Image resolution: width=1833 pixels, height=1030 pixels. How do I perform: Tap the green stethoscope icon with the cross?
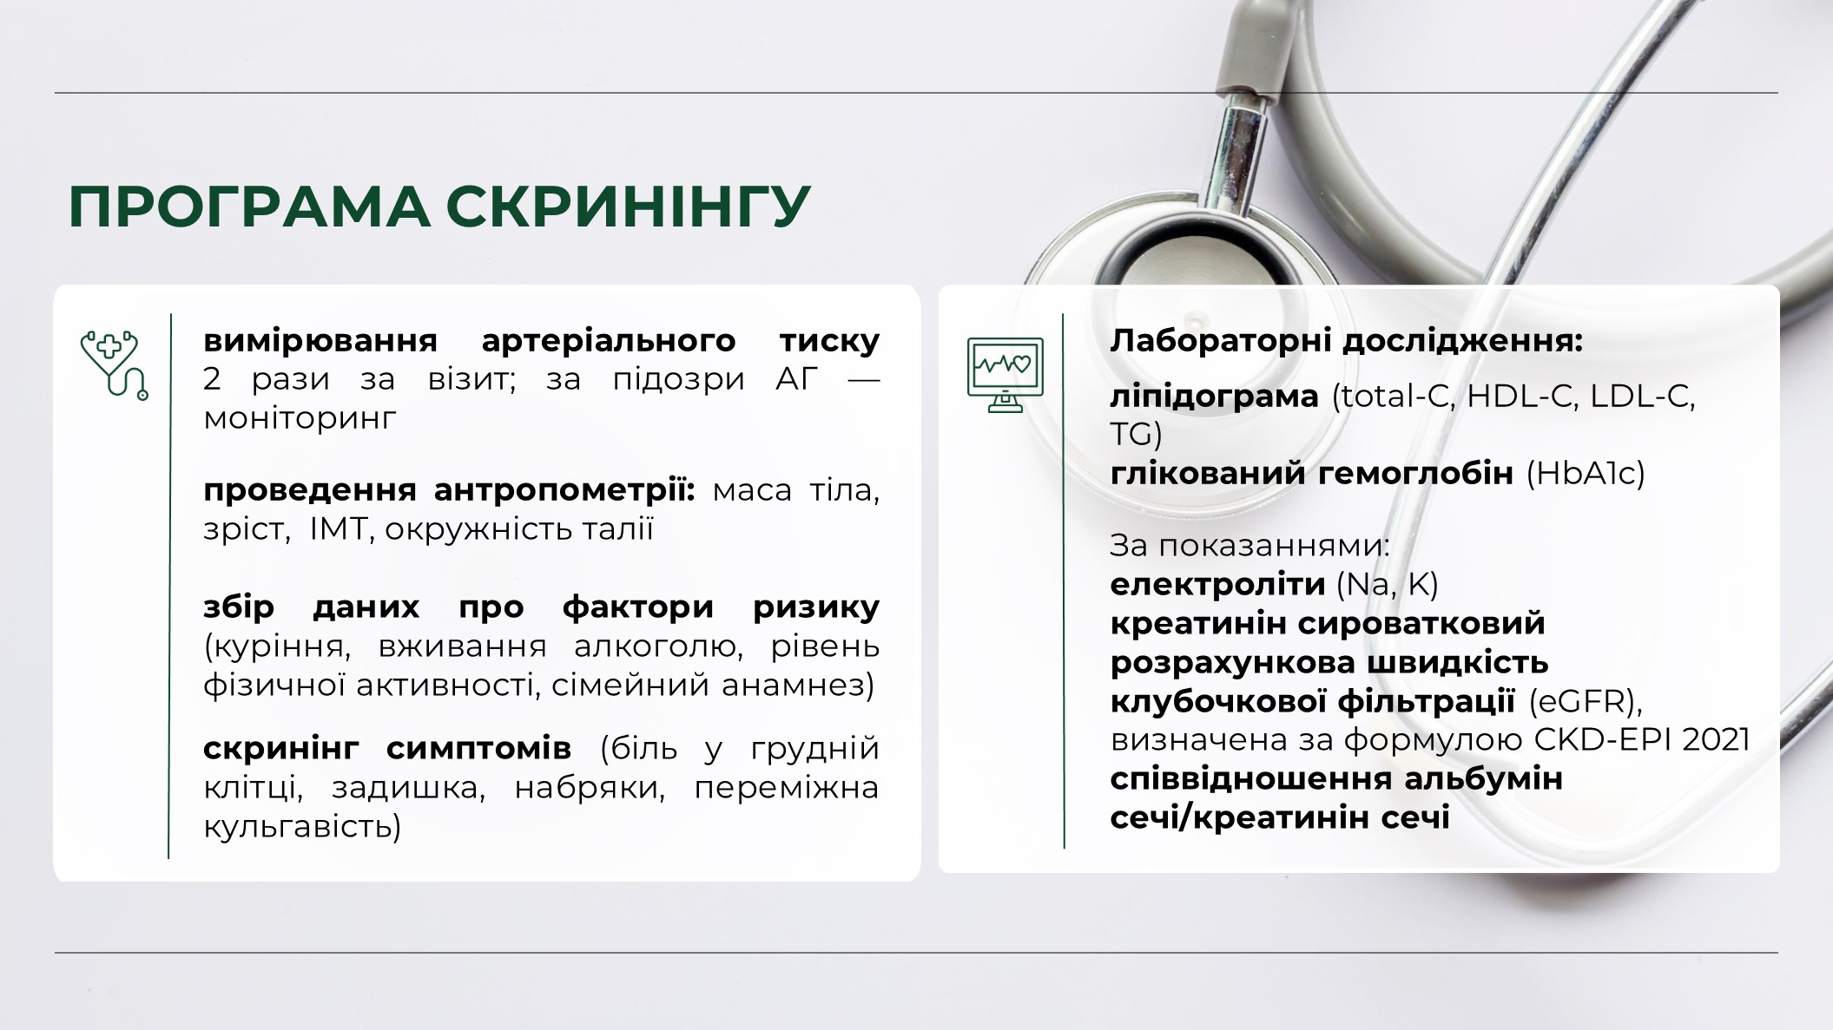[114, 364]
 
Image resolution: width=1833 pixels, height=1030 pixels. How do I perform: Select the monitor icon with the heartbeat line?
[1006, 375]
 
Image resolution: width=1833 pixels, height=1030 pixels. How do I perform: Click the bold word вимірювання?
[320, 340]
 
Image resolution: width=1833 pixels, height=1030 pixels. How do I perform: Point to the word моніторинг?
[300, 418]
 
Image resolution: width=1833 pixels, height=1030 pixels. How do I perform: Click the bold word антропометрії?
[564, 490]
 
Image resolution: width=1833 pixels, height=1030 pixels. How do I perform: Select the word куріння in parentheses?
[278, 647]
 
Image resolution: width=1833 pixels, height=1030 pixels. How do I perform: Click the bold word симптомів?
[478, 748]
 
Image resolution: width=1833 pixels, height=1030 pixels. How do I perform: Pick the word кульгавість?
[302, 826]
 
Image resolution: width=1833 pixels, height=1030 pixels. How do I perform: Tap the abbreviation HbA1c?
[1586, 474]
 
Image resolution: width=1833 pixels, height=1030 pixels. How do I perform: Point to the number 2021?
[1716, 739]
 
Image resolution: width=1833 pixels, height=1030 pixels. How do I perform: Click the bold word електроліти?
[1217, 584]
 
